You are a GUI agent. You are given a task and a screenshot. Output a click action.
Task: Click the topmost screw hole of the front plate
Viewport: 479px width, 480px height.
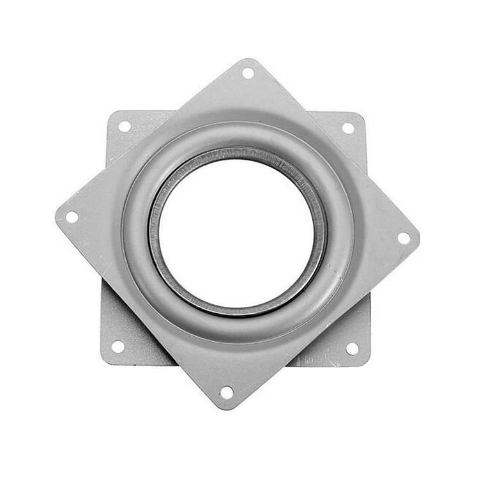point(248,73)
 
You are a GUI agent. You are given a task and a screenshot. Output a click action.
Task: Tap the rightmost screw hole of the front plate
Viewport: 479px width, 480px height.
point(404,238)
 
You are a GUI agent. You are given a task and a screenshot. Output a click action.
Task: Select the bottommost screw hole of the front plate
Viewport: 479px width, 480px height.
point(226,392)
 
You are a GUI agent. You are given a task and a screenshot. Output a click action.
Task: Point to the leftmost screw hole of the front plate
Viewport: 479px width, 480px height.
point(72,217)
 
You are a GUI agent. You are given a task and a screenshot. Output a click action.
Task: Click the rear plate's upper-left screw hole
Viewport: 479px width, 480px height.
point(125,127)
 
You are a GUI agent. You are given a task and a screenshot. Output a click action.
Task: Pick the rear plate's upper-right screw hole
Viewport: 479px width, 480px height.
point(348,128)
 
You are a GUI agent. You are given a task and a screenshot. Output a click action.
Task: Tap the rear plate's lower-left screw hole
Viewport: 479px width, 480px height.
point(118,346)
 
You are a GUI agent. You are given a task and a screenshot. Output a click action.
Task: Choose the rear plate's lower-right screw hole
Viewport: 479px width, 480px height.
point(352,348)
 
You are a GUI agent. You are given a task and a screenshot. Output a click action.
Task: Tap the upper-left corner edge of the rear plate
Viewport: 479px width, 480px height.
point(109,113)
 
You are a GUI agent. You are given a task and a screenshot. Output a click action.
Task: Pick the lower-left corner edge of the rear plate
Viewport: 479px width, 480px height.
point(103,362)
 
